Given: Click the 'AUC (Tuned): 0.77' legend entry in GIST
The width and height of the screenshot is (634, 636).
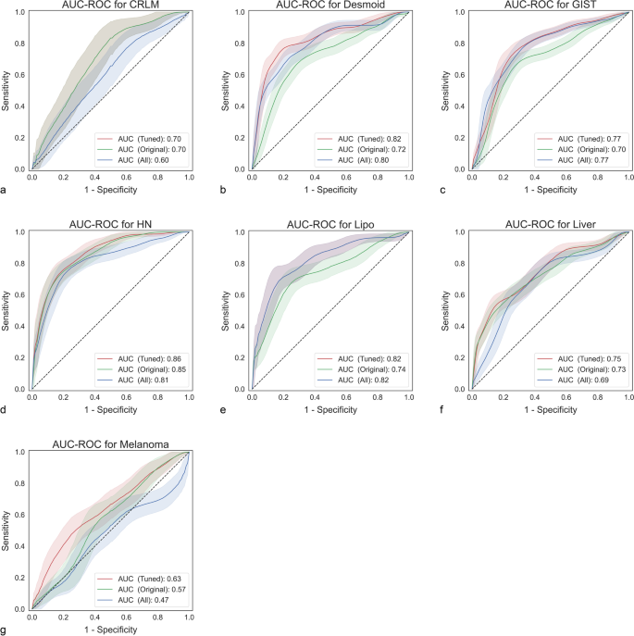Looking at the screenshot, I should click(583, 136).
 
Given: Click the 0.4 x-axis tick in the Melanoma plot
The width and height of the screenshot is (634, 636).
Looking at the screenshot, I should click(94, 617).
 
